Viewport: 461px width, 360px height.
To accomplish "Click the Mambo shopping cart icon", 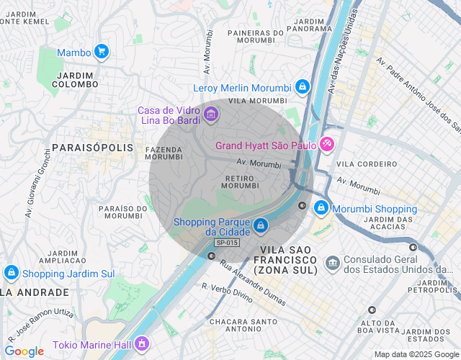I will click(102, 52).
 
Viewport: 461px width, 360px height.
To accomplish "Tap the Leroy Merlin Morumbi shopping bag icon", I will click(302, 88).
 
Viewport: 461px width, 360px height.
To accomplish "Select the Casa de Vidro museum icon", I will click(210, 114).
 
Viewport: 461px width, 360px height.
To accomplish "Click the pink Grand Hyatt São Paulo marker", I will click(327, 145).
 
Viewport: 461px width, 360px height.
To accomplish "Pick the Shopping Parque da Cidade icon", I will click(261, 226).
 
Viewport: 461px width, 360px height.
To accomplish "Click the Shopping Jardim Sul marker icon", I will click(11, 273).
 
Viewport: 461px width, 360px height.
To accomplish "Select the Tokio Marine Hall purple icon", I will click(142, 342).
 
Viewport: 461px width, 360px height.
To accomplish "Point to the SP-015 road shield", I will click(226, 243).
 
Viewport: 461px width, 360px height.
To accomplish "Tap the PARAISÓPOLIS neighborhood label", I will click(93, 147).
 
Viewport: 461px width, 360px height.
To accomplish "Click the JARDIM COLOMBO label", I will click(75, 80).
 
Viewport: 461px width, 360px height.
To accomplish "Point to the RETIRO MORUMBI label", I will click(240, 181).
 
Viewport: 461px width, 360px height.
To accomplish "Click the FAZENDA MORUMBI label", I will click(164, 153).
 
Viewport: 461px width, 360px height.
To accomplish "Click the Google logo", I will click(24, 351).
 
